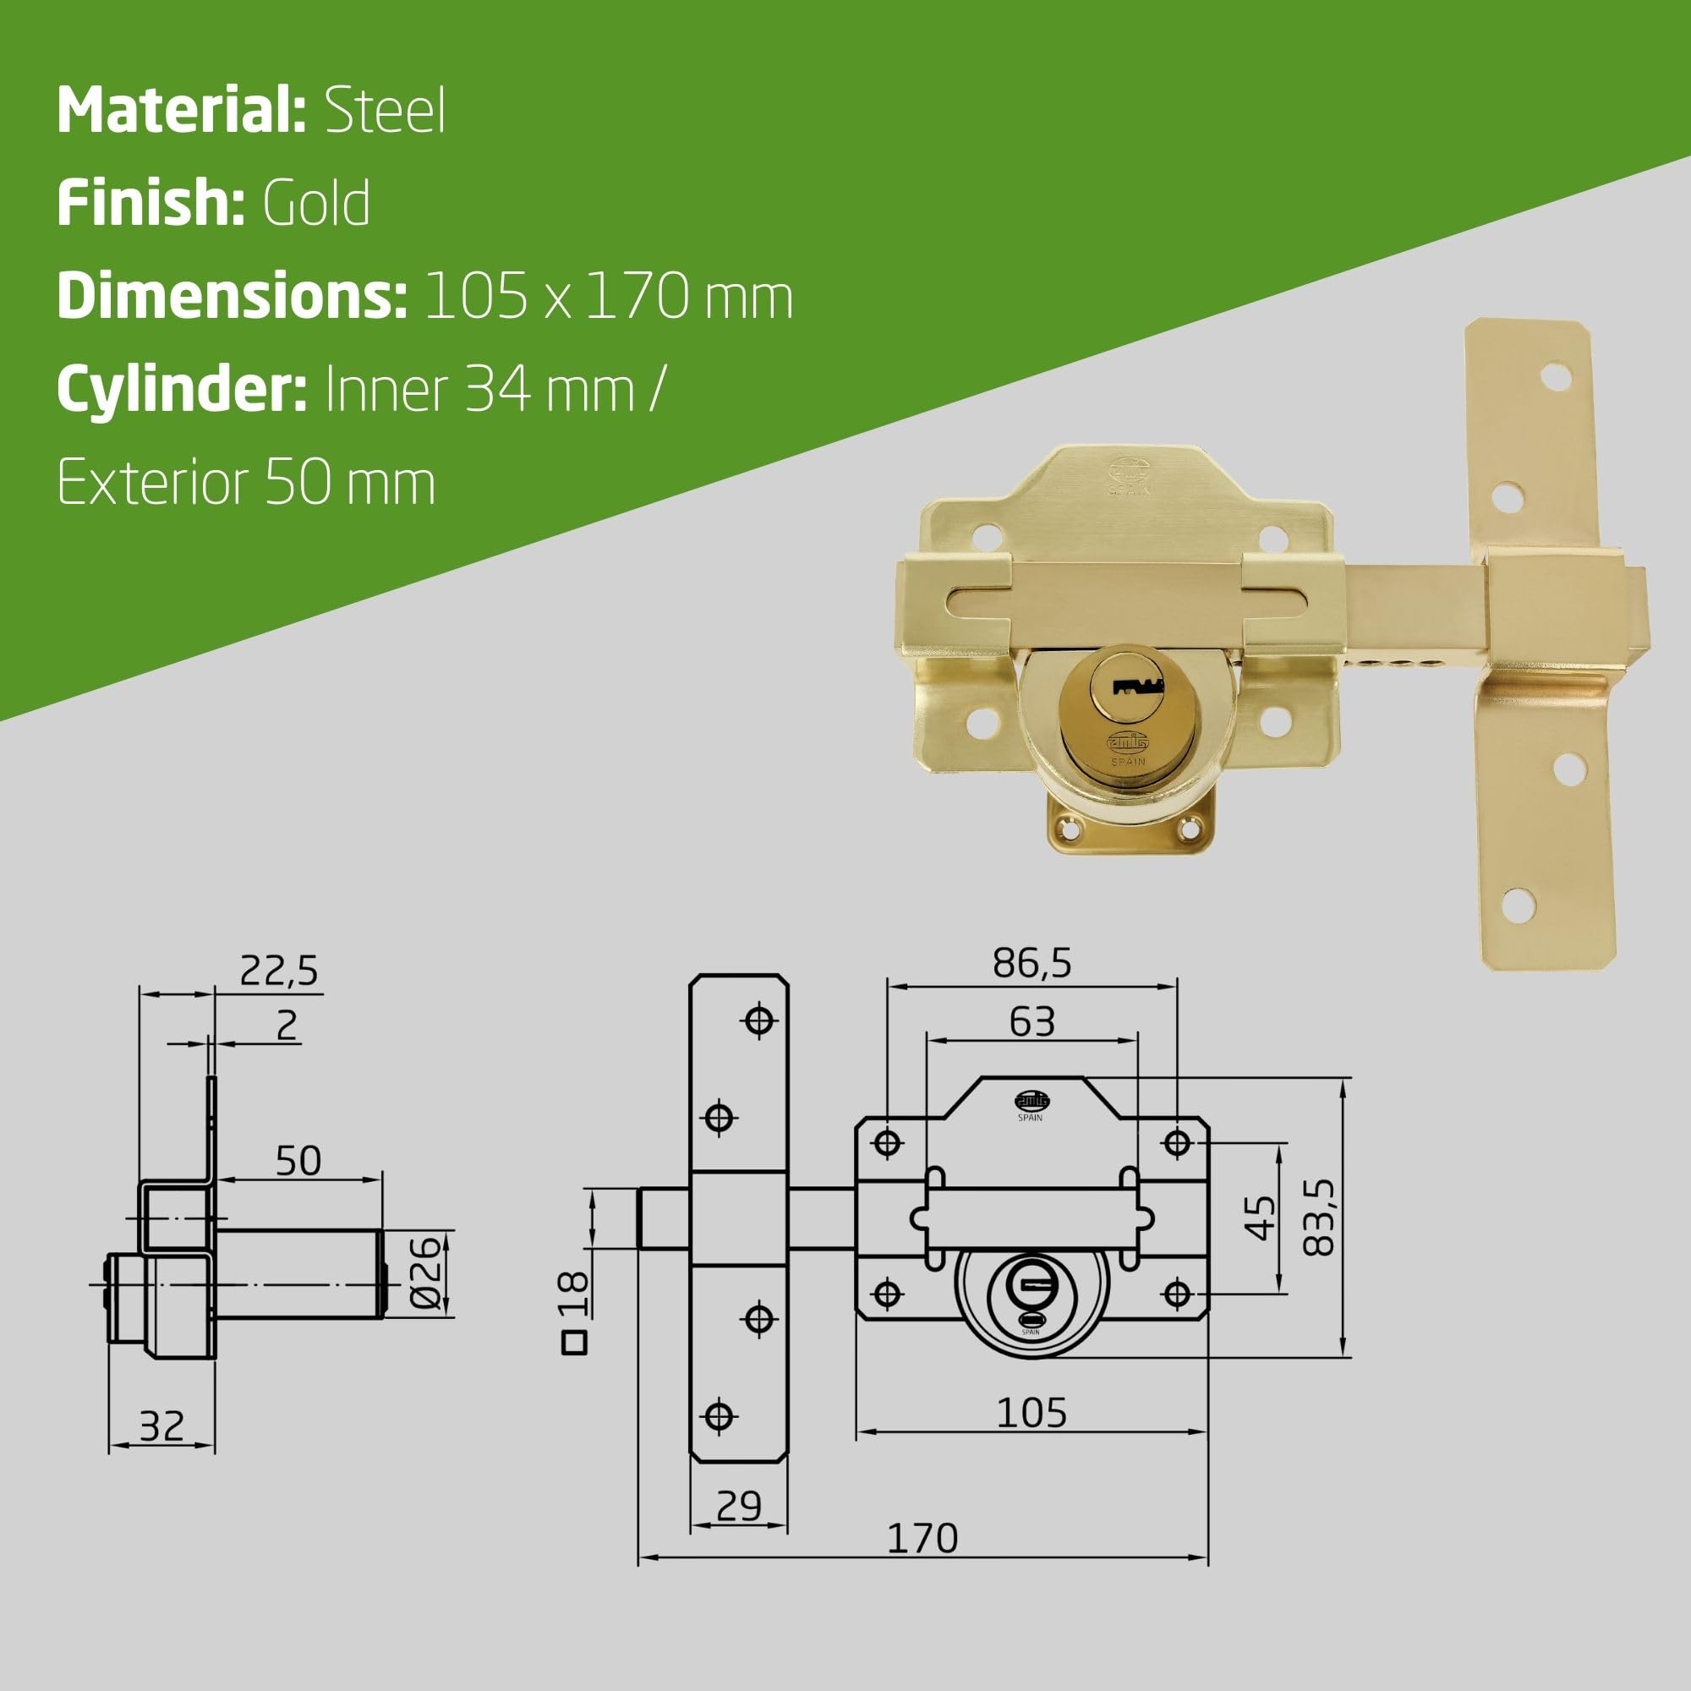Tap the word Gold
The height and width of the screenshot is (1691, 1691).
coord(316,203)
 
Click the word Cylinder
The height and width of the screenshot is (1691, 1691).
coord(181,391)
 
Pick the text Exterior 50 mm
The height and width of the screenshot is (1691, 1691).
coord(246,482)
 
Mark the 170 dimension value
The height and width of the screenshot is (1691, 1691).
coord(922,1562)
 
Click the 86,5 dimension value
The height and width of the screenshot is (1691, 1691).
coord(1032,964)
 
